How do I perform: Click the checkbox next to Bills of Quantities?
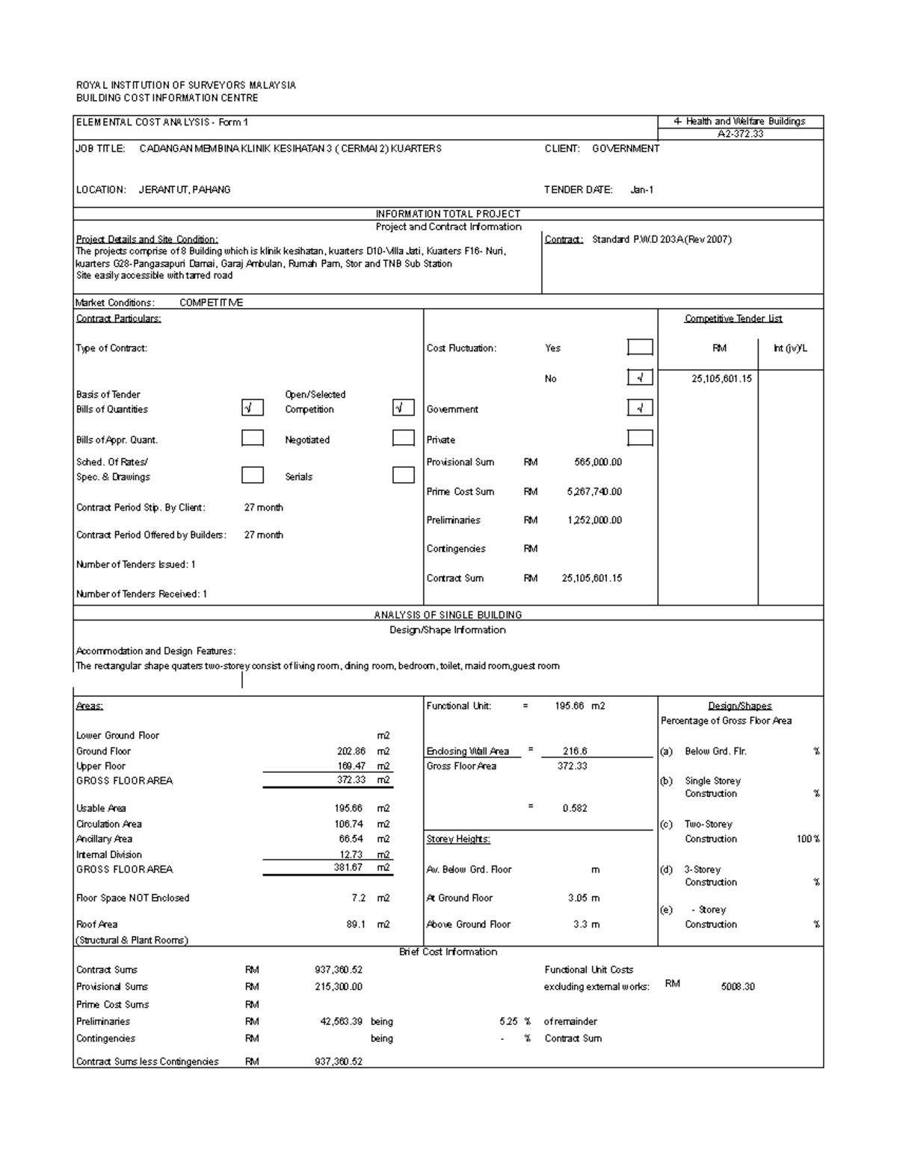252,407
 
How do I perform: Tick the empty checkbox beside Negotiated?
403,438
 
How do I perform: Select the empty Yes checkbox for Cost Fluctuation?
639,347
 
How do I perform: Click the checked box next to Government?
639,407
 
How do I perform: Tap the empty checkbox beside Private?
639,438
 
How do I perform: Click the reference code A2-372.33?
740,134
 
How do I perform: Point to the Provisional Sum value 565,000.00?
598,462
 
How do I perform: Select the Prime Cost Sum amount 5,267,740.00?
594,491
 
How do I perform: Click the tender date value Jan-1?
641,190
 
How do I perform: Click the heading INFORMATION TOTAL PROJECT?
448,214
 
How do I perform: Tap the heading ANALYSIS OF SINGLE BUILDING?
448,615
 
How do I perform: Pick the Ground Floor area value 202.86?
351,751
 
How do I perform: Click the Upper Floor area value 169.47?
351,766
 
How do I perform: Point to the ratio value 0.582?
575,808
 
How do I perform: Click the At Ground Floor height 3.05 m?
583,898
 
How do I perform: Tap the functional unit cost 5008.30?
737,987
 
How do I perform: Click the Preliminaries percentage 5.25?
508,1021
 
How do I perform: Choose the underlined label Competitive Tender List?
733,318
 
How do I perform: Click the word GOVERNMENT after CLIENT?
626,149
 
